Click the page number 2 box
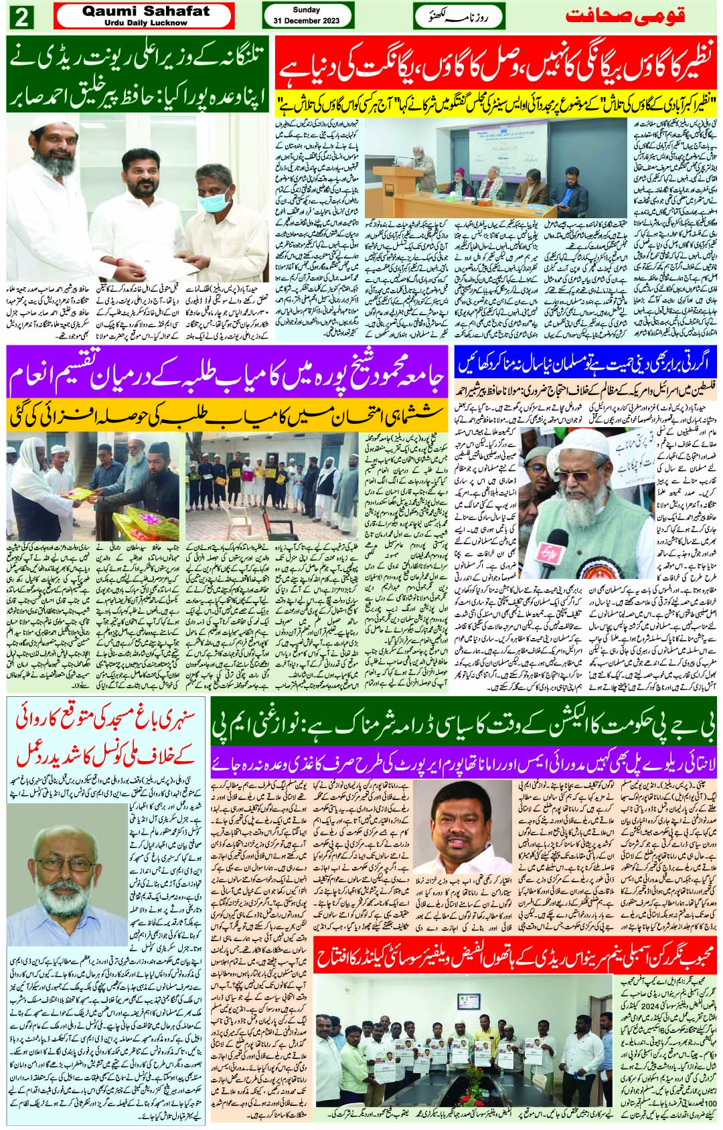[x=20, y=16]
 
